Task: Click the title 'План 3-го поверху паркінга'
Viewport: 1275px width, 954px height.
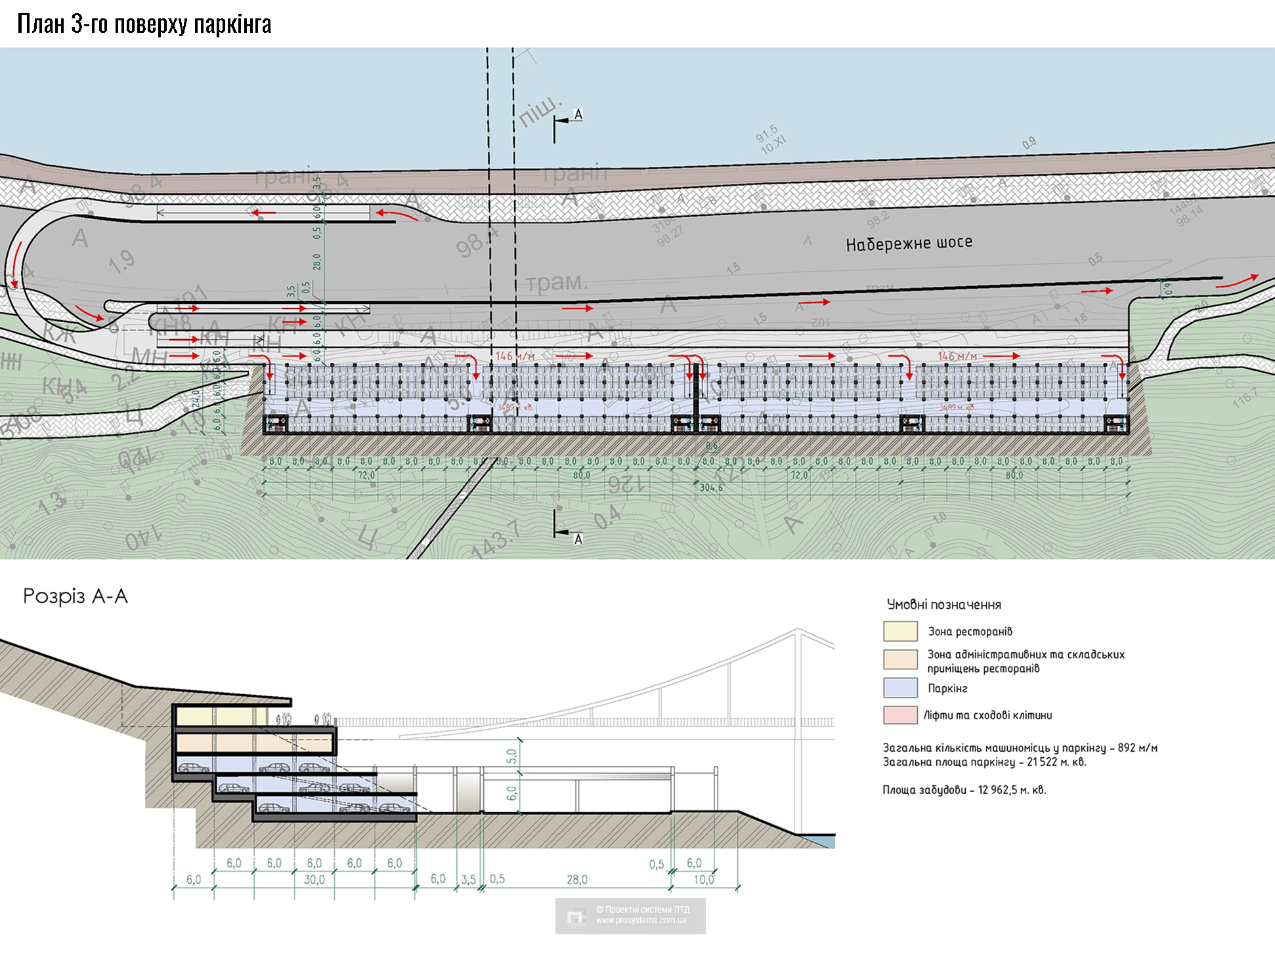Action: (x=144, y=24)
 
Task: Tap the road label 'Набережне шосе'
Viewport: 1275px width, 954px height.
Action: (x=909, y=244)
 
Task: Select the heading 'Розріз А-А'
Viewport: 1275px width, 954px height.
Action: (x=75, y=596)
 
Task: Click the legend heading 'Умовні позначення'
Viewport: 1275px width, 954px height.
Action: (x=943, y=604)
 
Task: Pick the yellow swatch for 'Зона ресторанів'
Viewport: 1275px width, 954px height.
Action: (x=900, y=631)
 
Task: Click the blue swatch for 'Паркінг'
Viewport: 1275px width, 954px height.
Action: (x=900, y=688)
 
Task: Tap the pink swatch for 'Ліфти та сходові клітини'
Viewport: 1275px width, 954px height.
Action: (x=900, y=715)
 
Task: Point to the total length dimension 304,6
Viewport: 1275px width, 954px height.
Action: (x=710, y=487)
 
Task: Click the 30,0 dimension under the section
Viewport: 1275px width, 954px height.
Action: (x=314, y=880)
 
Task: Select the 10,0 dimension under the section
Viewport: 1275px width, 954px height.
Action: (x=704, y=880)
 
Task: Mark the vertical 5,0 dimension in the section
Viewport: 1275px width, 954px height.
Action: (x=512, y=757)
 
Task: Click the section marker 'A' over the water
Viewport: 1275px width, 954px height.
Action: (x=578, y=115)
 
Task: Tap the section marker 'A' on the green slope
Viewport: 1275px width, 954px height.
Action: (x=578, y=539)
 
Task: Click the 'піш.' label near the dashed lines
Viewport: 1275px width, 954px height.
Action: (x=540, y=111)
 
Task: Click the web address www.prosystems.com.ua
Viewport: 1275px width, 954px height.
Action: (x=641, y=921)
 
